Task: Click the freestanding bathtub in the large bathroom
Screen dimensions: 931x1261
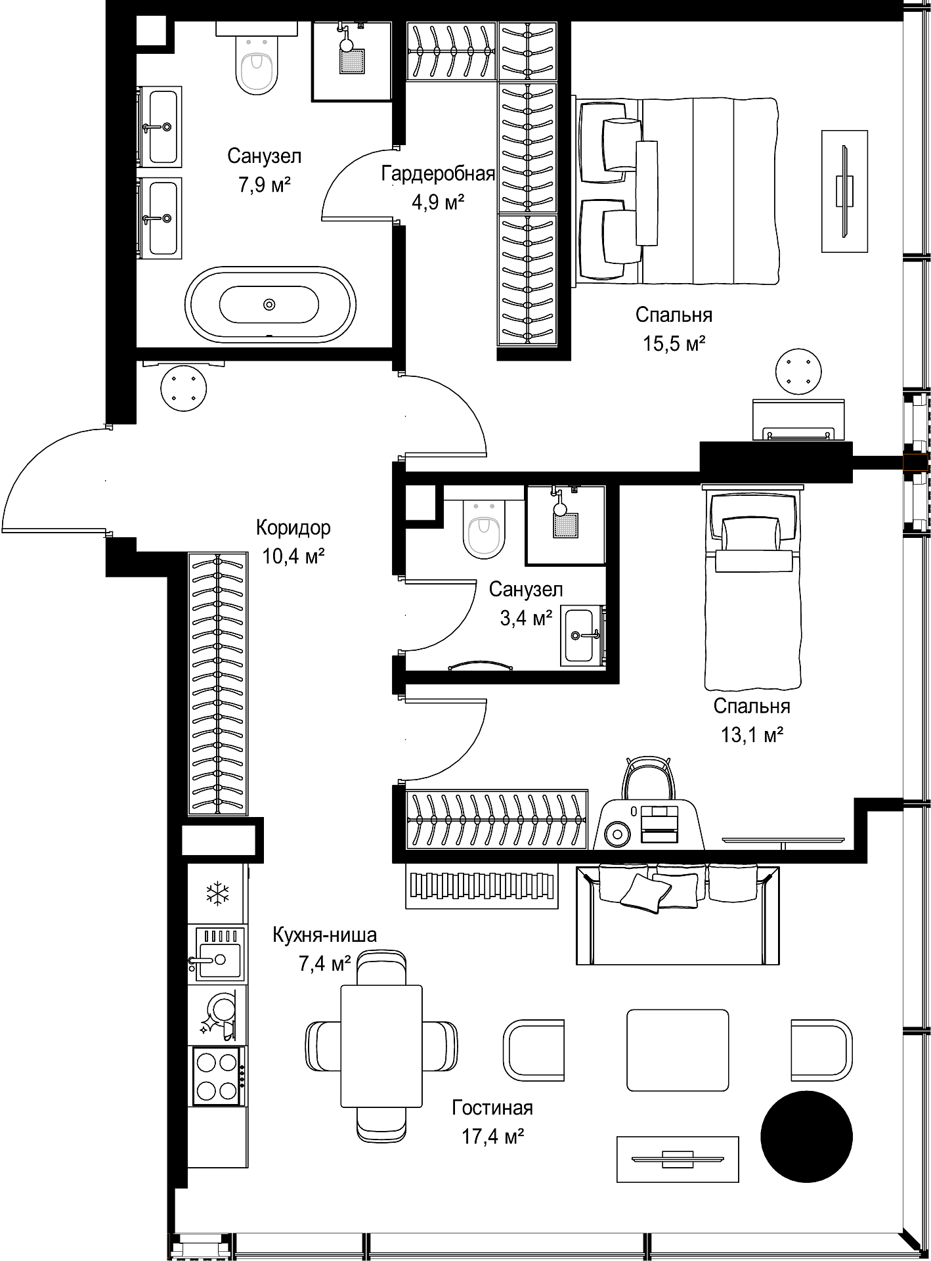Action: (x=271, y=304)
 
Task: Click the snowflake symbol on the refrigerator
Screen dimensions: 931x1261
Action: (x=217, y=893)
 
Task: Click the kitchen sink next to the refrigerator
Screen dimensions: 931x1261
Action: (x=217, y=954)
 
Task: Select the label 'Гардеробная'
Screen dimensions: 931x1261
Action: (x=438, y=174)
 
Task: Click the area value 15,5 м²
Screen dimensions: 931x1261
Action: (x=674, y=343)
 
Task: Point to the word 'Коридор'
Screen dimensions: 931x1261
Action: (x=293, y=528)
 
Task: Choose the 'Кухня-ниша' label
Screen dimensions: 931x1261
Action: (x=325, y=935)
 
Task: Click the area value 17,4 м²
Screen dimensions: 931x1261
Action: (x=492, y=1136)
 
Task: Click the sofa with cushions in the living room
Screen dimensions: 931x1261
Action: (x=678, y=914)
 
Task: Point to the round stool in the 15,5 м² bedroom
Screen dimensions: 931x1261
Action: (x=798, y=372)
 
